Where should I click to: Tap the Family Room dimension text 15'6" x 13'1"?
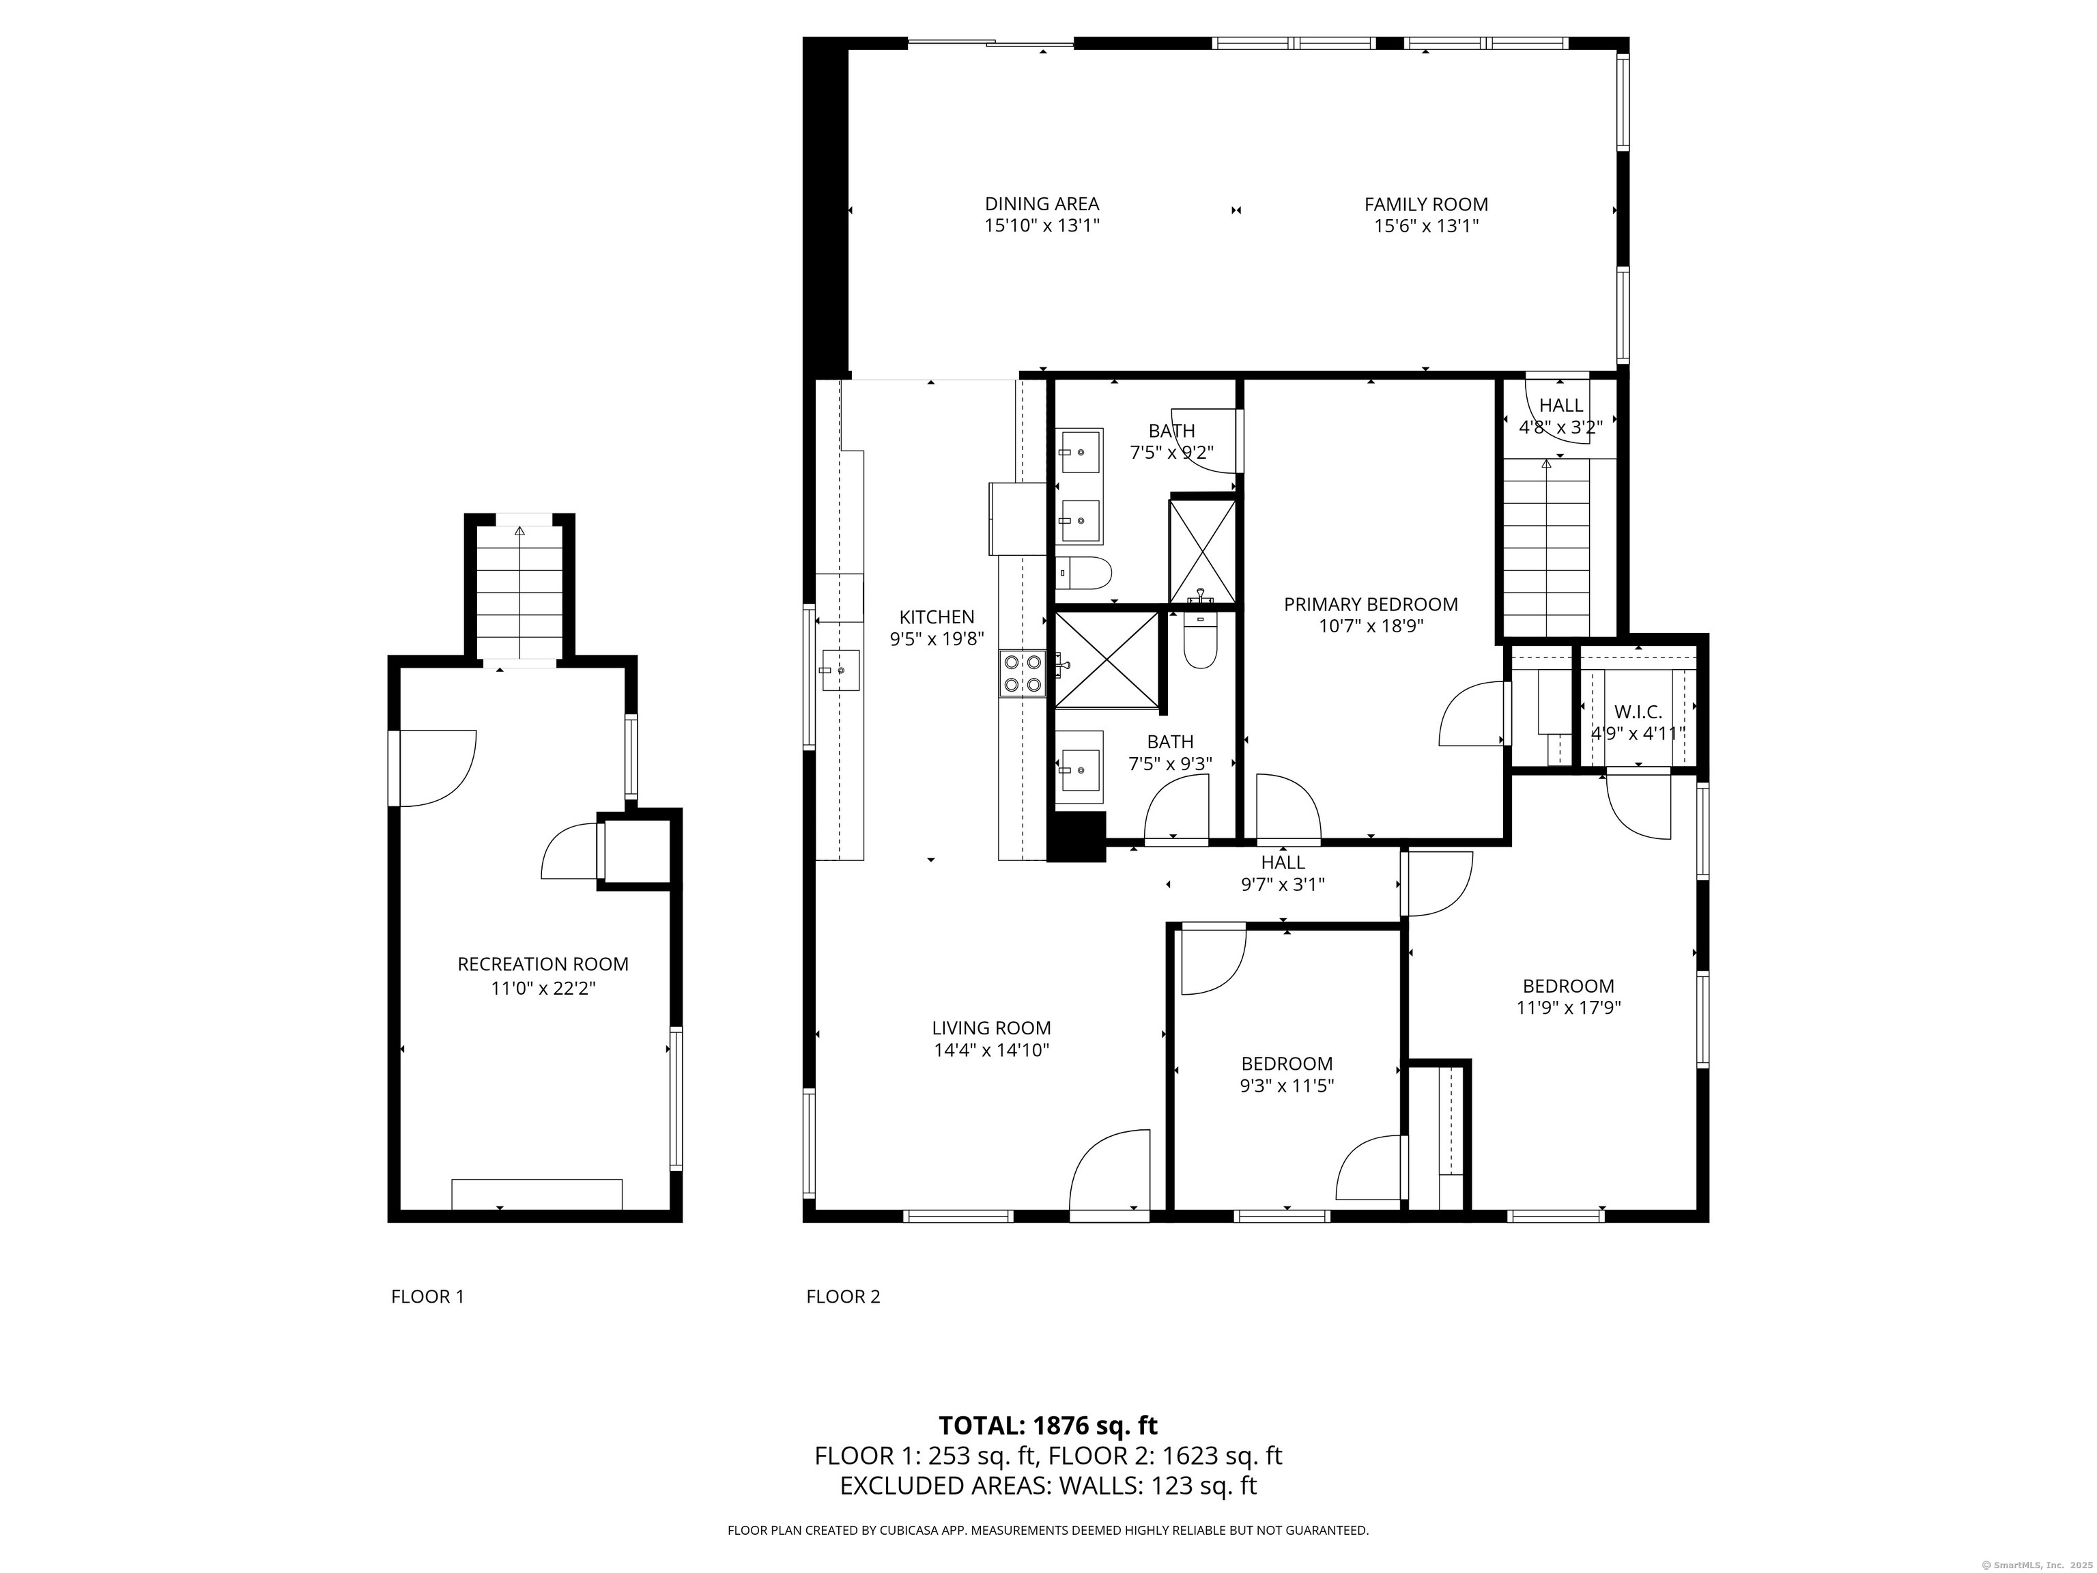point(1426,227)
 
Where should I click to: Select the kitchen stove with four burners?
point(1022,674)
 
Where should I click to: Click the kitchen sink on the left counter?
point(840,670)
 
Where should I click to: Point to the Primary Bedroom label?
point(1370,604)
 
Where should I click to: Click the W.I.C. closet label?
point(1637,711)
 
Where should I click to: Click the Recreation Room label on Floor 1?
point(542,964)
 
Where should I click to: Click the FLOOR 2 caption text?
point(843,1296)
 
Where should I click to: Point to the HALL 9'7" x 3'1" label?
point(1282,873)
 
